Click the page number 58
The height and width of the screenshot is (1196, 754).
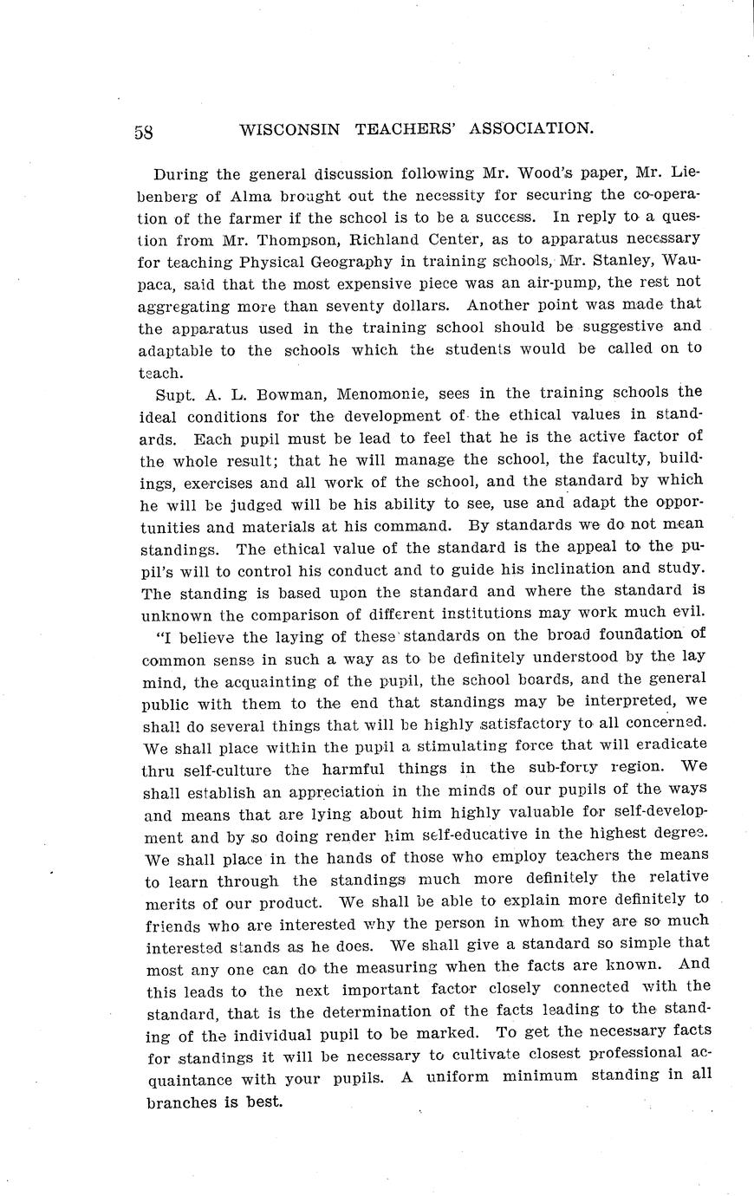pos(144,132)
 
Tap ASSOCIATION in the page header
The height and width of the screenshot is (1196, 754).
pos(531,128)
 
